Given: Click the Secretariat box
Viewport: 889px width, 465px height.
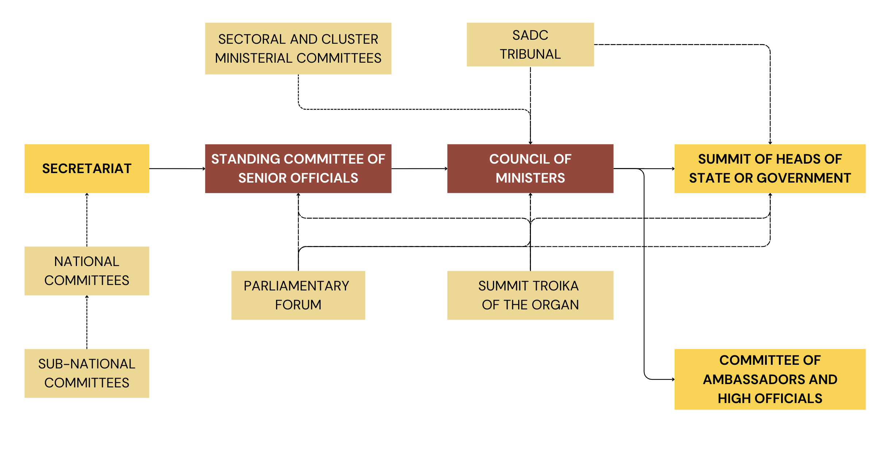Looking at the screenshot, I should pos(86,168).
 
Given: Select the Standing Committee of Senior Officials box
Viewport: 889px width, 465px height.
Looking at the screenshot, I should pos(298,168).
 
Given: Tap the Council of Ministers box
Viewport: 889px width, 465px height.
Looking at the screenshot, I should pos(530,168).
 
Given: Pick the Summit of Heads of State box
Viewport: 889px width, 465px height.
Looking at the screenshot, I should pos(769,168).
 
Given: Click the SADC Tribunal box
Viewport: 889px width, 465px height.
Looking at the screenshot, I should pos(530,44).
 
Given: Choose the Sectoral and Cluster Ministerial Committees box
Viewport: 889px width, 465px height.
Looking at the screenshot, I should pos(298,48).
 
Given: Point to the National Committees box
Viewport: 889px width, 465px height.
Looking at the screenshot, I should pos(86,271).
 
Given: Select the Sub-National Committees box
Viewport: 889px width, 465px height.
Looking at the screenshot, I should pos(86,373).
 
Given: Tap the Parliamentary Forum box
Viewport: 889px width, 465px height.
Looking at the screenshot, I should pos(298,295).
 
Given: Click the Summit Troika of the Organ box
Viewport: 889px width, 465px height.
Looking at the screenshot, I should pos(530,295).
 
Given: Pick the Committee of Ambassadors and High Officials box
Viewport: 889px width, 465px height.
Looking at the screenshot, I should pos(769,379).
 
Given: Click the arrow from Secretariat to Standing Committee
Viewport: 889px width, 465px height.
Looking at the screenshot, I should pos(177,168).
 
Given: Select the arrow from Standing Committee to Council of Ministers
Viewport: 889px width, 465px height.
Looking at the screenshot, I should pos(419,168).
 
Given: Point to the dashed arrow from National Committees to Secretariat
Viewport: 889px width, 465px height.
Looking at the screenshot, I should pos(87,220).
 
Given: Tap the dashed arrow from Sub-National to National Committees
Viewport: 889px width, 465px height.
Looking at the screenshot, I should pos(87,322).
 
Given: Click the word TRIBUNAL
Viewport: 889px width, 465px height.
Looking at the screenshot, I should pos(530,54).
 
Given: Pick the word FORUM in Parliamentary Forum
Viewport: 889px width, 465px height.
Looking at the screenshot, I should pos(298,305).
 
